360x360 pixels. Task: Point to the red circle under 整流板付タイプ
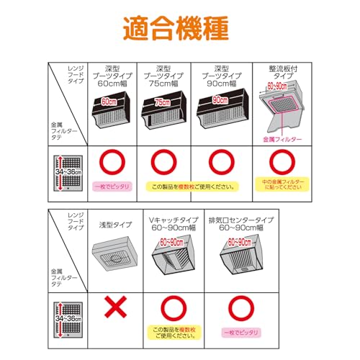[x=279, y=161]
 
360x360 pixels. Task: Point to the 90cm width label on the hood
[x=219, y=103]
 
